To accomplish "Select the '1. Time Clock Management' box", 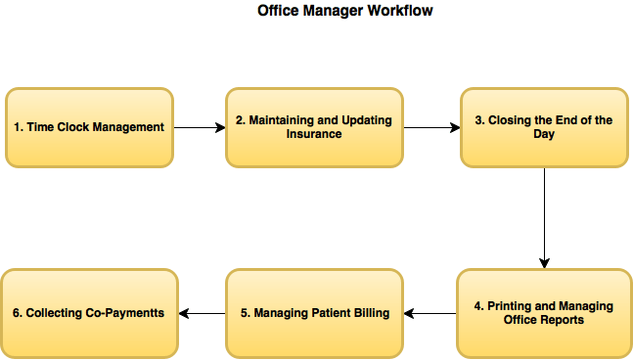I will click(89, 127).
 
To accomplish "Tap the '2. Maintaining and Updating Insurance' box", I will click(314, 127).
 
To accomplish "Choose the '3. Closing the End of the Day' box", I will click(544, 127).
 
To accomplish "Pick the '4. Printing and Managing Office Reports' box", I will click(543, 313).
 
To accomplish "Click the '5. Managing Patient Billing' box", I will click(314, 313).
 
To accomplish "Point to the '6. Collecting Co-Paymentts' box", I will click(89, 313).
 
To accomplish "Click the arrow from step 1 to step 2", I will click(200, 127).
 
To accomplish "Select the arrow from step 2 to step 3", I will click(431, 127).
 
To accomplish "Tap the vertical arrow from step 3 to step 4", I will click(544, 217).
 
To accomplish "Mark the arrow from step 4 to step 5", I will click(430, 313).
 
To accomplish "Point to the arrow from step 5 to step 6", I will click(202, 313).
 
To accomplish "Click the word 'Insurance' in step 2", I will click(314, 134).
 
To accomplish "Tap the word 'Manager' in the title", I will click(332, 11).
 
